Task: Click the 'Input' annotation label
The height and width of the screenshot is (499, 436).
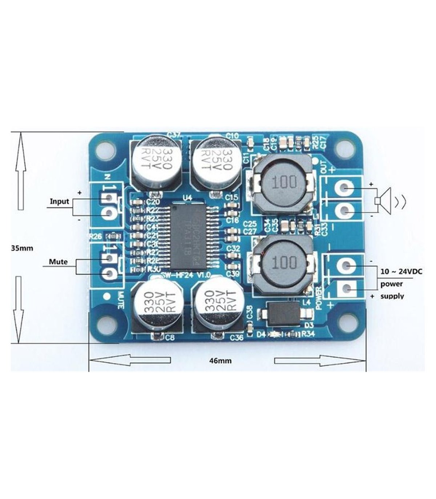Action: [x=59, y=201]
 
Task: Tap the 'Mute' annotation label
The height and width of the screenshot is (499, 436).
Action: [x=58, y=262]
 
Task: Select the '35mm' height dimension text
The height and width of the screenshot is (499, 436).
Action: [x=22, y=248]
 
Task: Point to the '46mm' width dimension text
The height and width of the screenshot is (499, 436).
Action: [x=221, y=361]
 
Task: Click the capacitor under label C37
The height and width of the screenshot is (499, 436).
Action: [x=156, y=163]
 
